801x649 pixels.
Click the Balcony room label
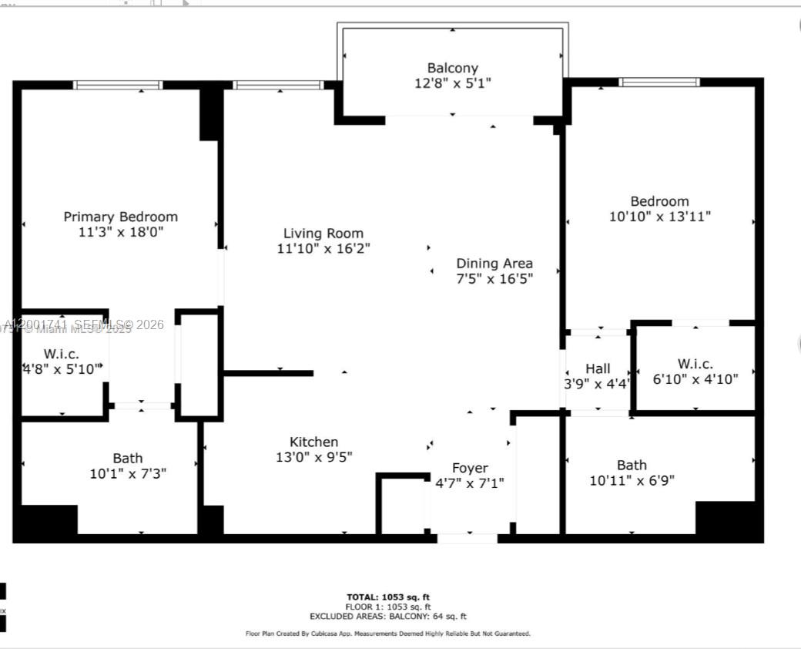(x=453, y=68)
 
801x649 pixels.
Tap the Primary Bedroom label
(x=120, y=217)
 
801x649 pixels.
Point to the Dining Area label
(x=494, y=263)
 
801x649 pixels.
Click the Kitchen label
(x=313, y=442)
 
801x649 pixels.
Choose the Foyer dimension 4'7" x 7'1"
(x=470, y=483)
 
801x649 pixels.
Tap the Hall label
(x=598, y=368)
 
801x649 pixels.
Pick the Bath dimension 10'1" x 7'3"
(x=128, y=473)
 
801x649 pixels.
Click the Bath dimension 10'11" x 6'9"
(x=632, y=481)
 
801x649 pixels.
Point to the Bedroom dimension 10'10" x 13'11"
(x=660, y=217)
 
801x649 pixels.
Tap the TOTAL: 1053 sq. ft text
(x=388, y=597)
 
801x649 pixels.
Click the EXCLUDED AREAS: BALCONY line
(x=388, y=617)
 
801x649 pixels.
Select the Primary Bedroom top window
(x=118, y=85)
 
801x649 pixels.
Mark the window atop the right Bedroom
(x=659, y=82)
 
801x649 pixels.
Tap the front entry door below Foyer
(x=468, y=538)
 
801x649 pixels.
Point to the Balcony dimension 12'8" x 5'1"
(x=453, y=83)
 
